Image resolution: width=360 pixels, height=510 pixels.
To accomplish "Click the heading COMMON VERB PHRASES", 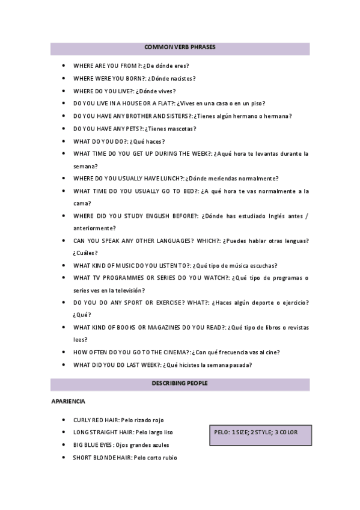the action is tap(180, 47).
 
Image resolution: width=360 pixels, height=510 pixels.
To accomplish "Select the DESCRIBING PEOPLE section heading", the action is tap(180, 382).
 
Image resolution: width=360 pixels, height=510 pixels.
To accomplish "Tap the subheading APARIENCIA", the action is tap(68, 401).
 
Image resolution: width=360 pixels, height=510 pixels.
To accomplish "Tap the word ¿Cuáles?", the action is tap(85, 253).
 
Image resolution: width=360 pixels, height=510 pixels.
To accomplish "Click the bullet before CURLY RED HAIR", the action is tap(64, 420).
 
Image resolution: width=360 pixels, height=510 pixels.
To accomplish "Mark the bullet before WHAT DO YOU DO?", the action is tap(64, 141).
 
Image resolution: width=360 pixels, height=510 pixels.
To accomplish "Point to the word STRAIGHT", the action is tap(105, 432).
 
